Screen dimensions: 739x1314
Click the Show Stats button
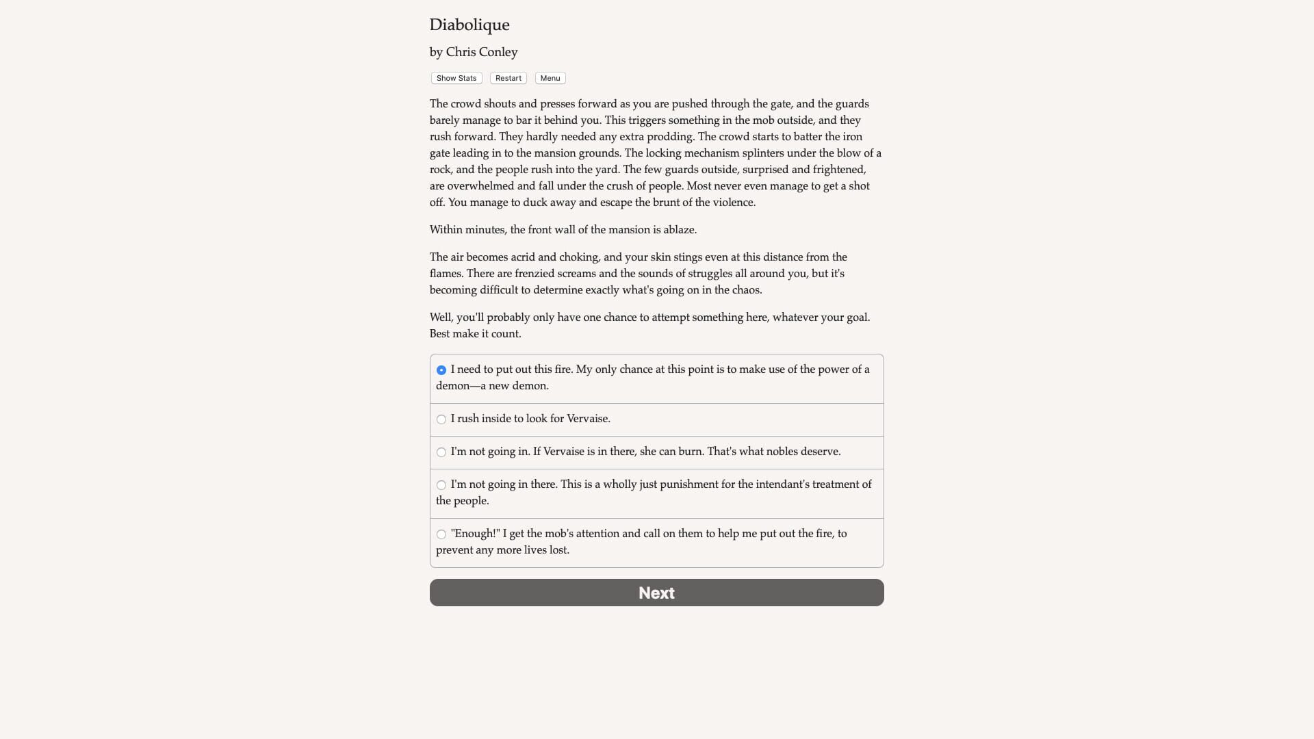pyautogui.click(x=456, y=78)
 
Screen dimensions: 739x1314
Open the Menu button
pyautogui.click(x=550, y=78)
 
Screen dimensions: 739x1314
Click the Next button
pyautogui.click(x=656, y=593)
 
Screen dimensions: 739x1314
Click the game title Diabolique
pyautogui.click(x=469, y=25)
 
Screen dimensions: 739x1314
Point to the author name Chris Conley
pyautogui.click(x=481, y=52)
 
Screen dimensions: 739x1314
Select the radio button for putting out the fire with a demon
pyautogui.click(x=441, y=370)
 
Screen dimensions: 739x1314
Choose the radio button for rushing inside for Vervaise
pyautogui.click(x=441, y=419)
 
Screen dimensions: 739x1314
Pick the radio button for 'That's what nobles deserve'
pyautogui.click(x=441, y=452)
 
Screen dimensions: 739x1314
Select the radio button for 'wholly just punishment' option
pyautogui.click(x=441, y=485)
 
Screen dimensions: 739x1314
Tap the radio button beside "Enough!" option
pyautogui.click(x=441, y=534)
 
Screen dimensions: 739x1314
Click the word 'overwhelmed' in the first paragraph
pyautogui.click(x=481, y=186)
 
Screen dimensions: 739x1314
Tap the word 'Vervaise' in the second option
pyautogui.click(x=587, y=419)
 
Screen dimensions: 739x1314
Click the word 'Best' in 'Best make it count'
pyautogui.click(x=439, y=334)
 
